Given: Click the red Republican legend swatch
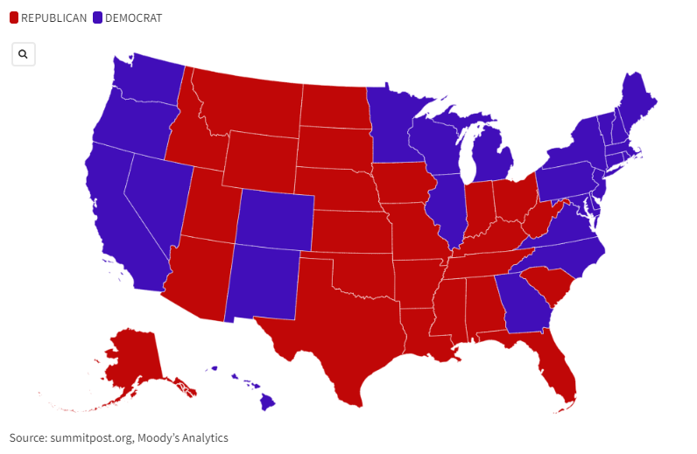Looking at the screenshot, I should click(13, 18).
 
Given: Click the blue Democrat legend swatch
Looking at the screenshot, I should click(97, 18).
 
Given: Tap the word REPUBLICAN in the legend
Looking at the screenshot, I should click(53, 18).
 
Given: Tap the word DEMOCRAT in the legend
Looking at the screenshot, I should click(133, 18).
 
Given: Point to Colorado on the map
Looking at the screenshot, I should click(273, 219).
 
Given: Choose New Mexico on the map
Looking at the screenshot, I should click(263, 280).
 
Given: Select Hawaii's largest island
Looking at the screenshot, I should click(267, 402).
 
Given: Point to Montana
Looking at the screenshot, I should click(250, 101).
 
